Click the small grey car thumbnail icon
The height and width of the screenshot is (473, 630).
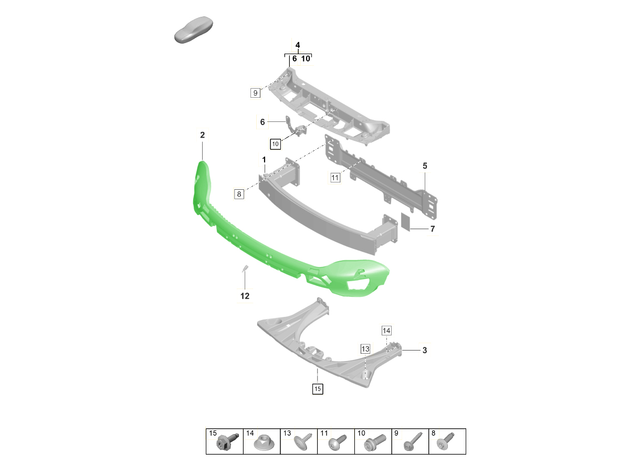pos(194,30)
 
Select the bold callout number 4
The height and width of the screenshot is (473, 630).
pos(298,45)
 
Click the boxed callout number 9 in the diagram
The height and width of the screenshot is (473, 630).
pos(255,93)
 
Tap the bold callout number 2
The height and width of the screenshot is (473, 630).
pos(202,135)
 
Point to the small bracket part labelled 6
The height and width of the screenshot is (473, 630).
pos(296,126)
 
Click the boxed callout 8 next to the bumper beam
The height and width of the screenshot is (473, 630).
pos(239,194)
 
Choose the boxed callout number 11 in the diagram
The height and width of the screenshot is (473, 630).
pos(335,178)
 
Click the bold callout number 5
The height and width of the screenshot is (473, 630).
pos(425,166)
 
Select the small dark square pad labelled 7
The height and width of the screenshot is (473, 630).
pos(406,222)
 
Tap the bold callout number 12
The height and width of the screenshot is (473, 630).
pos(245,296)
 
